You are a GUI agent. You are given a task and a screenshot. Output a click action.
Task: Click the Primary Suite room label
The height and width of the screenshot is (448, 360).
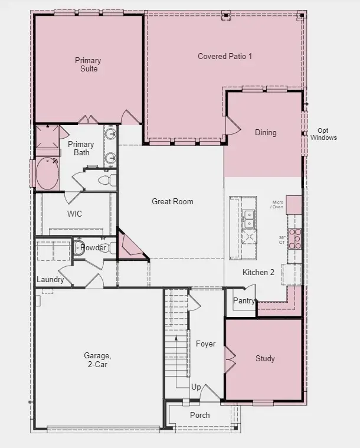pos(87,64)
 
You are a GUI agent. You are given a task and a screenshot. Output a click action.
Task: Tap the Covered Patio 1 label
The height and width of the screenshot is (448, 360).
pos(225,56)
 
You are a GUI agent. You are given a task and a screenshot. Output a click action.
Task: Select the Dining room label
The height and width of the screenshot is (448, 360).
pos(265,132)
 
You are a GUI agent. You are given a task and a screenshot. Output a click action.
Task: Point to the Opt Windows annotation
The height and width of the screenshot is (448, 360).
pos(323,134)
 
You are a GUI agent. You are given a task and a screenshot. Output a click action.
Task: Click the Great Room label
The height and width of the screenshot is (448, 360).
pos(172,201)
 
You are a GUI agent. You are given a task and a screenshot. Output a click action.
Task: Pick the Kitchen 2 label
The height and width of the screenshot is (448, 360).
pos(258,272)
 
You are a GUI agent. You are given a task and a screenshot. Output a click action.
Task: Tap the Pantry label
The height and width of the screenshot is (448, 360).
pos(244,300)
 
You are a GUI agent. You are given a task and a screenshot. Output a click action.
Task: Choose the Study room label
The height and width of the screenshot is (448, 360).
pos(265,358)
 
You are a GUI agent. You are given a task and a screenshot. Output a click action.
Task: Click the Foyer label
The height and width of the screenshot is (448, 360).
pos(205,344)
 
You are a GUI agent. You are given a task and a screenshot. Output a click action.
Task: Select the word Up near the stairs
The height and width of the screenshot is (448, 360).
pos(196,387)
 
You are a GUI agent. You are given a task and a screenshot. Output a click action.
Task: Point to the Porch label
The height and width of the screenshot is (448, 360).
pos(199,415)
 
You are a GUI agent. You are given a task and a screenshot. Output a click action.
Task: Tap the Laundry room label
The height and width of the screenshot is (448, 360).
pos(50,279)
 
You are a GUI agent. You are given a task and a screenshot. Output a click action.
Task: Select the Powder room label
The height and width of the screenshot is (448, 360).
pos(93,247)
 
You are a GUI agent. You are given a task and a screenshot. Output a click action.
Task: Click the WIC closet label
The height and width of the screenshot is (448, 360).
pos(74,214)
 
